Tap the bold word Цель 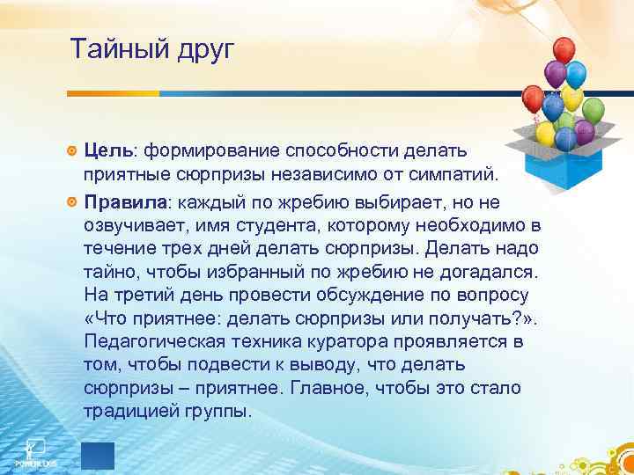click(113, 151)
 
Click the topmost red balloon click(563, 50)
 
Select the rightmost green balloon click(593, 110)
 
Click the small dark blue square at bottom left click(97, 456)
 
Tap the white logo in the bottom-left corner click(34, 450)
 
